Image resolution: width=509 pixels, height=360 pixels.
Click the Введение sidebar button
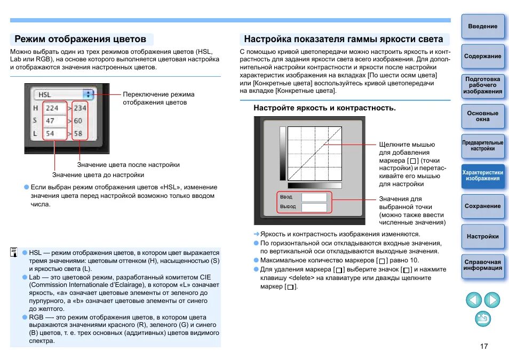click(482, 27)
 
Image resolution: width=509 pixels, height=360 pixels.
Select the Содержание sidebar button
click(482, 57)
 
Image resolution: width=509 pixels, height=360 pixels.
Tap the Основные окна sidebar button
click(482, 116)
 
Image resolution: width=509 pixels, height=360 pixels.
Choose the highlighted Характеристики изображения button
click(482, 176)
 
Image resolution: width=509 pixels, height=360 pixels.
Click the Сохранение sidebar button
click(482, 206)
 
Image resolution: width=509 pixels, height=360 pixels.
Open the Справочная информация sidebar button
click(482, 266)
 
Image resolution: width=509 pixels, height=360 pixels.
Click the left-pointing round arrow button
click(474, 300)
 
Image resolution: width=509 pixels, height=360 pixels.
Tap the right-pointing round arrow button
click(492, 300)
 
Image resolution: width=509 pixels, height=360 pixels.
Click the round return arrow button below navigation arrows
click(483, 319)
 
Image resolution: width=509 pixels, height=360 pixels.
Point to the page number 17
click(484, 347)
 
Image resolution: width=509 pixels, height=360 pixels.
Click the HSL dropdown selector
click(63, 94)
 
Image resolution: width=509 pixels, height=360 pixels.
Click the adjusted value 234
click(80, 108)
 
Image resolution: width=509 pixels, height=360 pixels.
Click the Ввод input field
click(314, 197)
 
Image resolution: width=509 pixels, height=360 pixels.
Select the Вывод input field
click(314, 206)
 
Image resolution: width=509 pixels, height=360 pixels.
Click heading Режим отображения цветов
click(81, 39)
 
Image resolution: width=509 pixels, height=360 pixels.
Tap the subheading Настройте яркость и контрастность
click(324, 108)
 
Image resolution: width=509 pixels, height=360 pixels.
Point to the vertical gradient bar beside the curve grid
click(283, 154)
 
